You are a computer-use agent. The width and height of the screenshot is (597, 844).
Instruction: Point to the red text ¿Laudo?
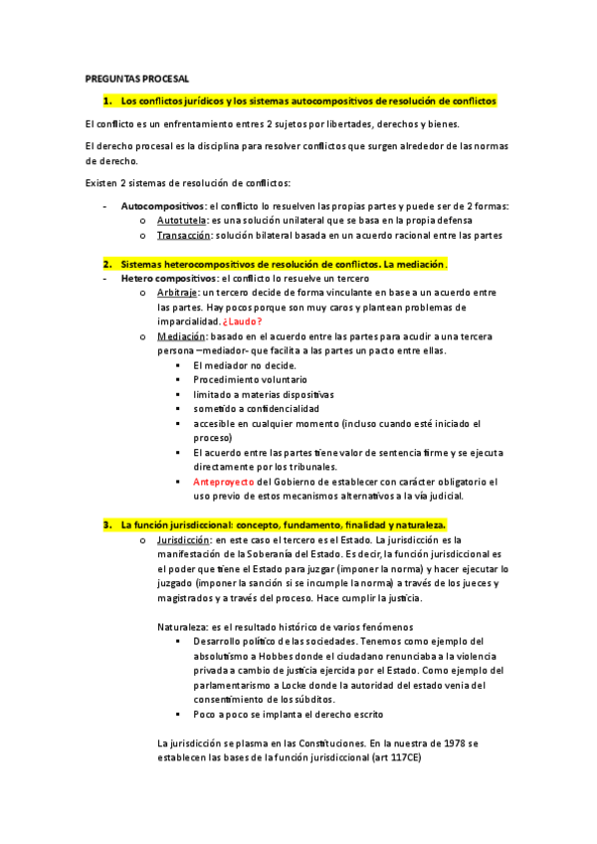243,321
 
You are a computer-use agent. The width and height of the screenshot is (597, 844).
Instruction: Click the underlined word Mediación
182,336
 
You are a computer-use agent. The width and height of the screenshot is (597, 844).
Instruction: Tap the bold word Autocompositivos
161,205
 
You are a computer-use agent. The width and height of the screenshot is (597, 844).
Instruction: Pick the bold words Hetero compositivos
168,279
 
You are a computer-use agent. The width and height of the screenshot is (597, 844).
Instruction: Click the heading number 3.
106,524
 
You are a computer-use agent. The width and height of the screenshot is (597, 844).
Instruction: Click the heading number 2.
106,264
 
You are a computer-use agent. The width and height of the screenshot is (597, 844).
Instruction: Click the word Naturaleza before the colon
183,626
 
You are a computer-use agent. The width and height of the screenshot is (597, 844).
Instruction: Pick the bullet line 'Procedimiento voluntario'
250,379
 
